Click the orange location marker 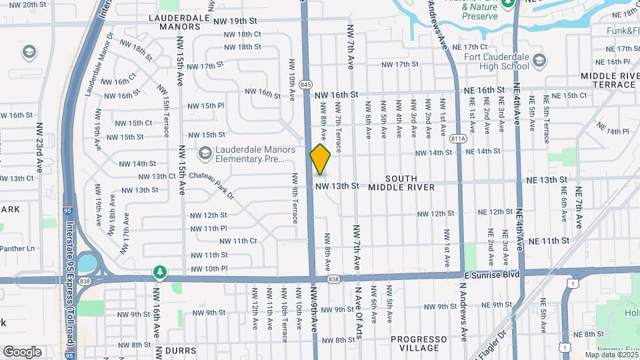[x=321, y=159]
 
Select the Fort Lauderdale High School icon [x=539, y=61]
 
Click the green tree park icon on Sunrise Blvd [x=159, y=271]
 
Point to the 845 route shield [x=306, y=84]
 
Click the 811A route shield [x=457, y=139]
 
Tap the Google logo [x=22, y=351]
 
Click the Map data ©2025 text [x=609, y=353]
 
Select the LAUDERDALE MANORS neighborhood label [x=175, y=23]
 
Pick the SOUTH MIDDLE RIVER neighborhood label [x=401, y=183]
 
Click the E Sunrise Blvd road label [x=493, y=275]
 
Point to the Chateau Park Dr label [x=212, y=185]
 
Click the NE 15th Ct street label [x=565, y=95]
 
